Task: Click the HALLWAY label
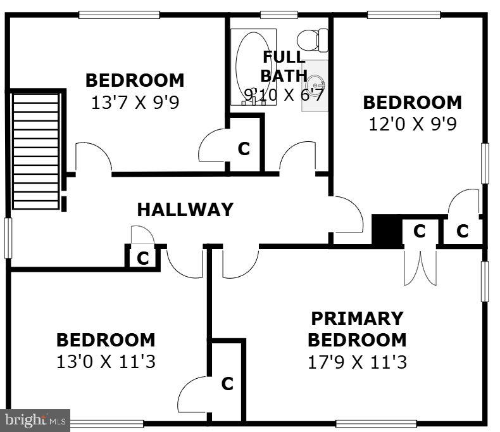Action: click(185, 210)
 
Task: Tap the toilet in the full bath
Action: click(312, 40)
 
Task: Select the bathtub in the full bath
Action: click(254, 67)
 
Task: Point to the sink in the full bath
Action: click(315, 86)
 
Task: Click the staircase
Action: click(35, 151)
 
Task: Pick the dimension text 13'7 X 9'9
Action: click(135, 103)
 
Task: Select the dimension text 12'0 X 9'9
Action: click(413, 124)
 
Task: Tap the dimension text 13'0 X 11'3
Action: click(106, 362)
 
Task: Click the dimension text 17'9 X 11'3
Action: click(357, 362)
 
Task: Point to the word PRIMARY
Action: click(357, 319)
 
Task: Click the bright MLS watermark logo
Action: click(35, 421)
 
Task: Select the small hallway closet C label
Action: click(143, 258)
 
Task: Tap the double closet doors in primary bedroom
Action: click(420, 267)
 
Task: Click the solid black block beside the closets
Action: click(387, 230)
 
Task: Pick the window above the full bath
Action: click(279, 15)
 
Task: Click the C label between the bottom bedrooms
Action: click(227, 383)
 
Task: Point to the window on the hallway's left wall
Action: click(8, 238)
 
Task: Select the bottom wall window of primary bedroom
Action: click(377, 423)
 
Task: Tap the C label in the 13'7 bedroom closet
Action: click(244, 149)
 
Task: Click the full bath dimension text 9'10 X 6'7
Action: click(284, 95)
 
